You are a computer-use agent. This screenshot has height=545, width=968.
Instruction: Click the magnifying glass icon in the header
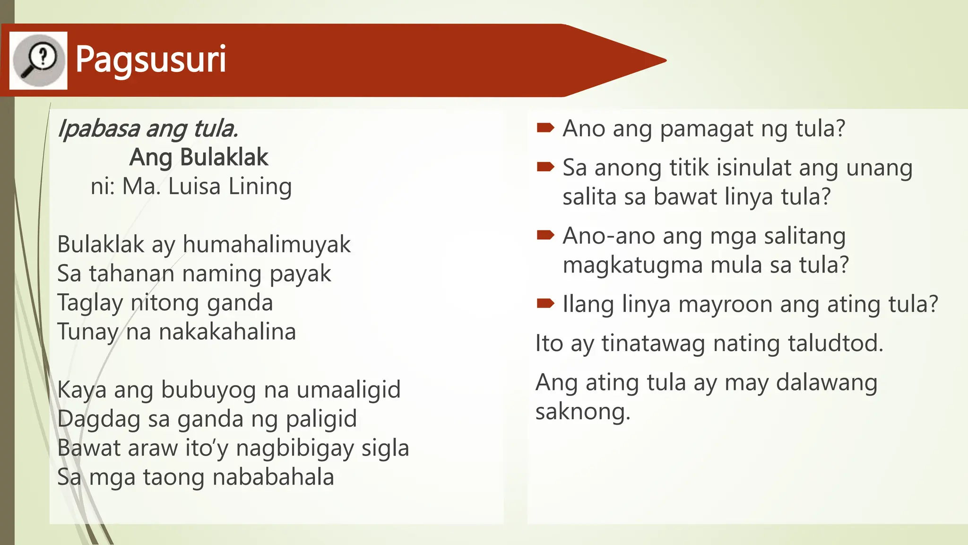coord(38,61)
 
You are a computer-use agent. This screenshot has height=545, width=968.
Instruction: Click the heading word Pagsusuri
coord(151,60)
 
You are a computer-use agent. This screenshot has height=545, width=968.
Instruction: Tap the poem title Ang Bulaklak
coord(199,157)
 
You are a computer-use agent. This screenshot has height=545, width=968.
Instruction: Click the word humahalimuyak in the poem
coord(267,245)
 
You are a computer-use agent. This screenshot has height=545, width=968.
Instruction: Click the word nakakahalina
coord(227,332)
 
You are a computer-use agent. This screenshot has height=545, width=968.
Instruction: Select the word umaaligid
coord(348,390)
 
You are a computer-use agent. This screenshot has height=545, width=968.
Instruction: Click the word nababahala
coord(273,477)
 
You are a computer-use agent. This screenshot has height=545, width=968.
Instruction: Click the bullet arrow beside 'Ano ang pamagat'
coord(545,128)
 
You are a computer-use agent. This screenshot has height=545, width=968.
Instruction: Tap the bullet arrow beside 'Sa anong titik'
coord(545,167)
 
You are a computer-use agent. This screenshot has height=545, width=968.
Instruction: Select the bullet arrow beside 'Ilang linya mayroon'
coord(545,303)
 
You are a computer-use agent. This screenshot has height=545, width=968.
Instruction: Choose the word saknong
coord(582,412)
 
